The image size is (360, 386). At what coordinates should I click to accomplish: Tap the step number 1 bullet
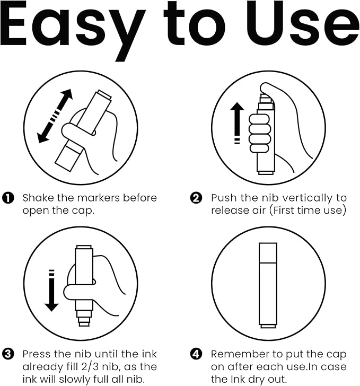[x=8, y=198]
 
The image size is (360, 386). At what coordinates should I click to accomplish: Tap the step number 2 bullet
[x=196, y=198]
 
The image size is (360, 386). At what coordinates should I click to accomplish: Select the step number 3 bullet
[x=8, y=354]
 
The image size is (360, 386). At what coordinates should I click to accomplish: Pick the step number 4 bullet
[x=196, y=354]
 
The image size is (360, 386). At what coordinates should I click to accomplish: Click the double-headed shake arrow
[x=55, y=116]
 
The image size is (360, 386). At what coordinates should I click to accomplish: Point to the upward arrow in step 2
[x=237, y=123]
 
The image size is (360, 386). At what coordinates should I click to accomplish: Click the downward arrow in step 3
[x=51, y=291]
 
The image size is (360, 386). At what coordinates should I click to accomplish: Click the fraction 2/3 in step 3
[x=90, y=367]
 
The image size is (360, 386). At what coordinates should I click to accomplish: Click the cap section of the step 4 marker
[x=268, y=253]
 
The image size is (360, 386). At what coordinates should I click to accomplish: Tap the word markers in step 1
[x=99, y=198]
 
